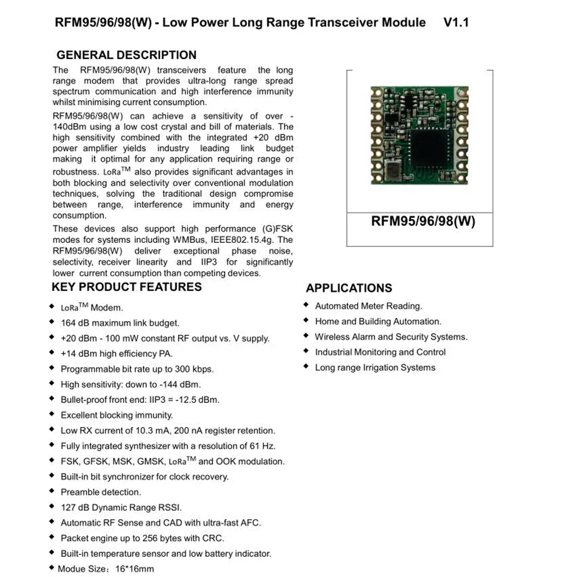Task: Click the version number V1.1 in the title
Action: [x=456, y=23]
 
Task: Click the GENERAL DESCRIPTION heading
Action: [x=126, y=55]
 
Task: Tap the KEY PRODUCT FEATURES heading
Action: [x=127, y=287]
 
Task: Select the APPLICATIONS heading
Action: [x=349, y=288]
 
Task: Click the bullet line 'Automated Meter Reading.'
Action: [x=368, y=306]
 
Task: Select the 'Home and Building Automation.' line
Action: [x=378, y=321]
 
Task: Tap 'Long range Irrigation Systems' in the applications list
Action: [x=375, y=368]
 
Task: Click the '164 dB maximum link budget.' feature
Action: [x=120, y=323]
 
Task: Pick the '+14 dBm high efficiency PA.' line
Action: [x=117, y=354]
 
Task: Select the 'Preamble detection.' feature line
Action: [x=101, y=492]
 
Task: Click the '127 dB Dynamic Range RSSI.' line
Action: [x=121, y=508]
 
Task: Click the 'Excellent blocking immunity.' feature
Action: [x=117, y=415]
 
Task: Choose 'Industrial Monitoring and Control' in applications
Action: [x=380, y=352]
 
